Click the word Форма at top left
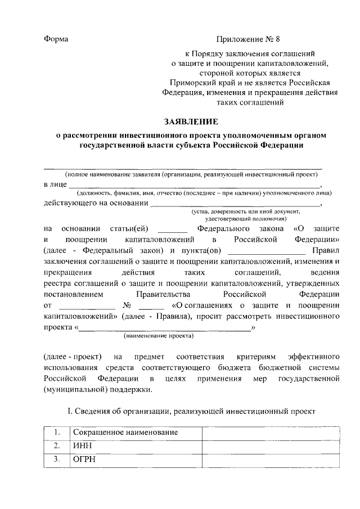(56, 39)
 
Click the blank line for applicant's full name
(183, 167)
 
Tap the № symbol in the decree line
(126, 305)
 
